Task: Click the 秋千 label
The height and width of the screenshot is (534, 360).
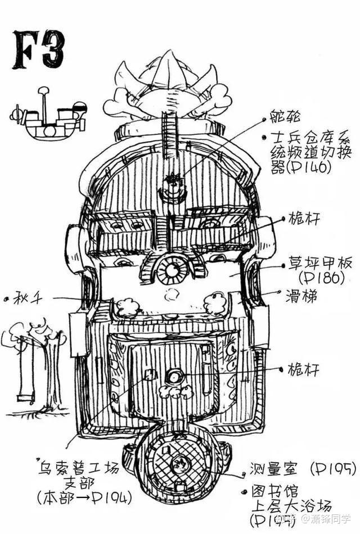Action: click(x=29, y=299)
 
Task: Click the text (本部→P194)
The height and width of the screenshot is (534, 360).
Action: click(x=84, y=497)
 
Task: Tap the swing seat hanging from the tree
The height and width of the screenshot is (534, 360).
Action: click(x=25, y=398)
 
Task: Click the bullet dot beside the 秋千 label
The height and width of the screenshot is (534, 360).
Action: click(x=6, y=299)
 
